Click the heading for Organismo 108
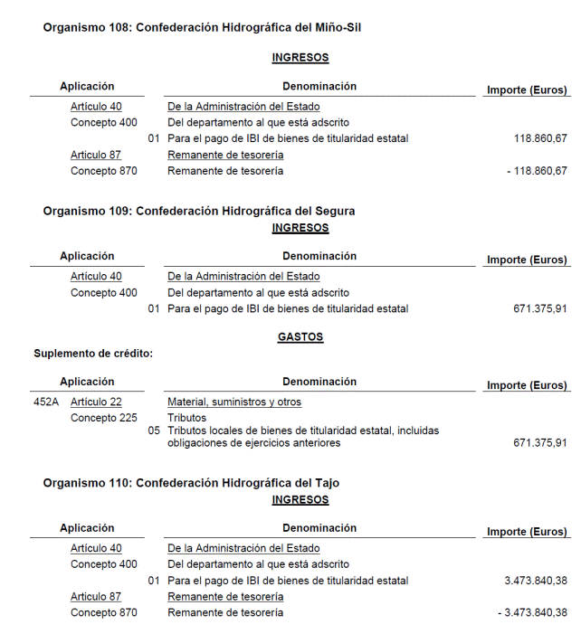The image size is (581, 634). click(x=203, y=28)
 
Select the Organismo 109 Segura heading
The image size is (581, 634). click(x=199, y=211)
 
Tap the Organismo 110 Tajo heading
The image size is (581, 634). click(x=191, y=484)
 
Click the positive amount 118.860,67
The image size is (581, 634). click(x=539, y=138)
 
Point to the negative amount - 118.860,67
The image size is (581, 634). click(x=537, y=171)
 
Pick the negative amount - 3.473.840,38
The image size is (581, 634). click(x=532, y=613)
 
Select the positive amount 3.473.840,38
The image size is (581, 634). click(x=536, y=581)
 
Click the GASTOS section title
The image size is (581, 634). click(x=300, y=337)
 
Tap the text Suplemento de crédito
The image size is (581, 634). click(x=93, y=354)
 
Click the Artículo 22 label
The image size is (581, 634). click(x=96, y=402)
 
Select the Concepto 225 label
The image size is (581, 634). click(x=104, y=418)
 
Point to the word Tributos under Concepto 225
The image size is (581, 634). click(x=187, y=418)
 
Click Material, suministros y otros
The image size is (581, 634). click(x=234, y=402)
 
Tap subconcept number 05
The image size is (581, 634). click(x=154, y=431)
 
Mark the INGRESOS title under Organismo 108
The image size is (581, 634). click(x=300, y=58)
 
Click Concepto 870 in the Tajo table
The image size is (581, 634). click(x=104, y=613)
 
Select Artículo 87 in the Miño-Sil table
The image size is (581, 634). click(x=96, y=155)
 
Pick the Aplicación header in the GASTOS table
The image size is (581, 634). click(x=87, y=382)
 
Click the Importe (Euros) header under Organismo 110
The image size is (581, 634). click(x=527, y=532)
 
